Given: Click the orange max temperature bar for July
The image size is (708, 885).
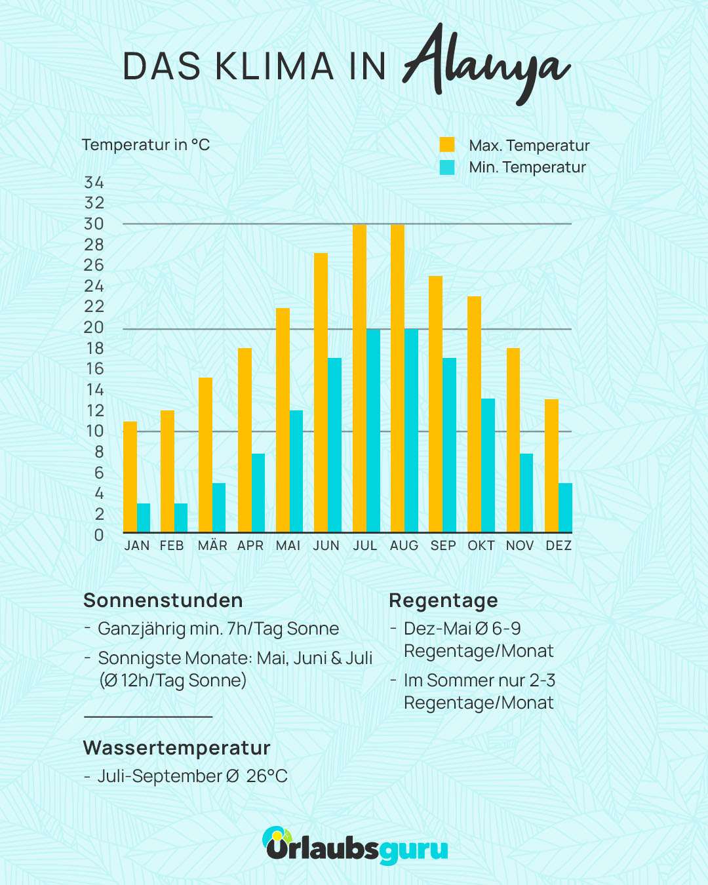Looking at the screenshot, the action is pyautogui.click(x=359, y=378).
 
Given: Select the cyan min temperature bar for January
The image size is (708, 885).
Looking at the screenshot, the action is pyautogui.click(x=144, y=518).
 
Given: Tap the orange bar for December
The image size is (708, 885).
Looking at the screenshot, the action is pyautogui.click(x=552, y=465).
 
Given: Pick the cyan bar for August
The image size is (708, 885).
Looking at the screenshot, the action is pyautogui.click(x=412, y=431).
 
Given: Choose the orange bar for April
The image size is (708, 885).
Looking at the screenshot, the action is pyautogui.click(x=245, y=440).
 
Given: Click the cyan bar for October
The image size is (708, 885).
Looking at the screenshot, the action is pyautogui.click(x=488, y=465).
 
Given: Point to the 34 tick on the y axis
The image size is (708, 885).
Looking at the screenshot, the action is pyautogui.click(x=94, y=182).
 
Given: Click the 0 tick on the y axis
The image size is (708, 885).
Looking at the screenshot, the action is pyautogui.click(x=99, y=535).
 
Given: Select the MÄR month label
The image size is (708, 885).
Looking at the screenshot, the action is pyautogui.click(x=212, y=545).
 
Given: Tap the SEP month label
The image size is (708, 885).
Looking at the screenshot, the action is pyautogui.click(x=443, y=545).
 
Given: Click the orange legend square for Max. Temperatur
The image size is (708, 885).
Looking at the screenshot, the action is pyautogui.click(x=447, y=145).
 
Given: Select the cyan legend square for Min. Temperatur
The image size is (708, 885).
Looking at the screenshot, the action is pyautogui.click(x=447, y=167).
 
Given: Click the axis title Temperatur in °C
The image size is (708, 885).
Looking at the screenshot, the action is pyautogui.click(x=146, y=145).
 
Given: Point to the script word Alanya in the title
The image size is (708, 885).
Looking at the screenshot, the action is pyautogui.click(x=486, y=64).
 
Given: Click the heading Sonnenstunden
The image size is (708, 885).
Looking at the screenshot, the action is pyautogui.click(x=163, y=600).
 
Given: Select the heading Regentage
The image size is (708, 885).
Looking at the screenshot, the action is pyautogui.click(x=443, y=601).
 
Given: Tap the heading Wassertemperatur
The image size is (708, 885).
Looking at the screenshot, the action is pyautogui.click(x=177, y=747).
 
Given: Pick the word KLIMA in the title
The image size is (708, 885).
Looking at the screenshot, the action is pyautogui.click(x=274, y=66).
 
